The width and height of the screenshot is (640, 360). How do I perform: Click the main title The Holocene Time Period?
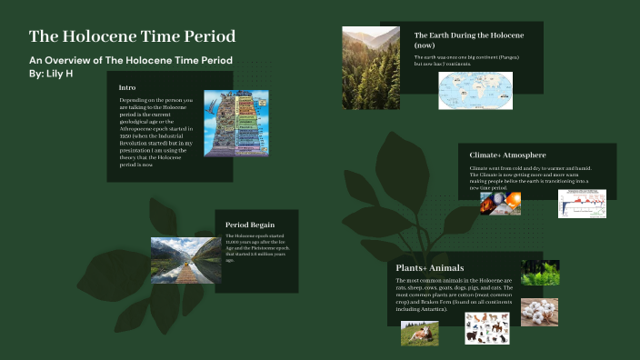[x=133, y=36]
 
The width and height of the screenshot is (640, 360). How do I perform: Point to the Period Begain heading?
[x=250, y=225]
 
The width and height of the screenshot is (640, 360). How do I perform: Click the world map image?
[x=475, y=91]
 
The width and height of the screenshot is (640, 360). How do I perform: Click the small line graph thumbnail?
[x=582, y=203]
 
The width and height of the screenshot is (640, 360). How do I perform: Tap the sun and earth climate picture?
[x=500, y=203]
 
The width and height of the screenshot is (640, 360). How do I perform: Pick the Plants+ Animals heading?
[x=430, y=268]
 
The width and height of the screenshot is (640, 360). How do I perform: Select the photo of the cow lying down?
[x=420, y=334]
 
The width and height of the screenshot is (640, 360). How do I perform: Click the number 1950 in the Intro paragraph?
[x=127, y=136]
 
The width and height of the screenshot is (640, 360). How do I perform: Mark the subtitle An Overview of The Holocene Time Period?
[x=131, y=60]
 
